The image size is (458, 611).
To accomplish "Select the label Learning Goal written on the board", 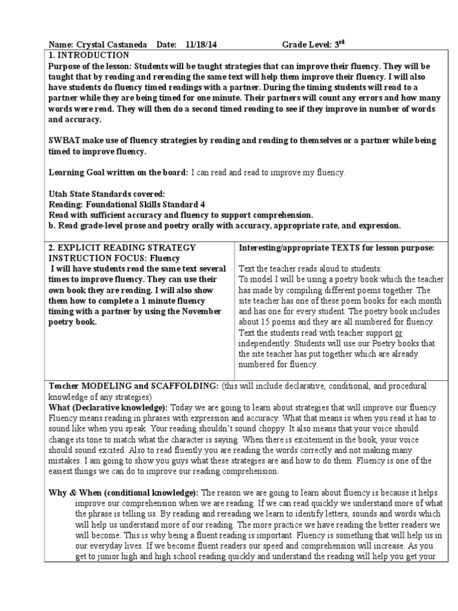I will [x=118, y=172].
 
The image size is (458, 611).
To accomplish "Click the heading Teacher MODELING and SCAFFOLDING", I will [x=134, y=386].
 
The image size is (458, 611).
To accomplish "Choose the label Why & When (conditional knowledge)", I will [x=124, y=493].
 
